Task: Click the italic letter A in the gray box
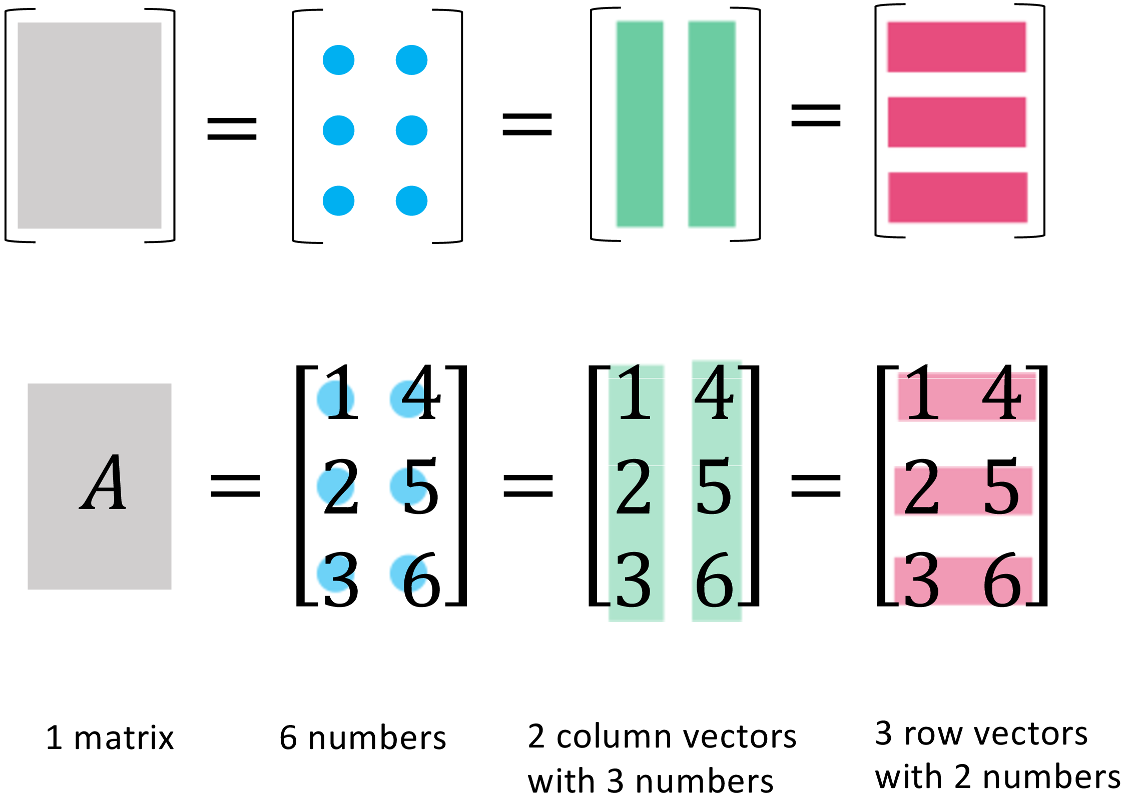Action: click(x=103, y=483)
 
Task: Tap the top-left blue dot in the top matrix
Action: click(x=338, y=60)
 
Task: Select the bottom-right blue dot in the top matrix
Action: click(x=411, y=200)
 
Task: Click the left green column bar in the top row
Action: click(x=640, y=124)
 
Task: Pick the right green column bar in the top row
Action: click(x=712, y=124)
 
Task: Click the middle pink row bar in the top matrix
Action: click(x=957, y=122)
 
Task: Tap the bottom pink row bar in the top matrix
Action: click(x=958, y=197)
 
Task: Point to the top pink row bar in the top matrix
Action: click(x=956, y=47)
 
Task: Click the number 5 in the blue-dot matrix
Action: click(x=421, y=486)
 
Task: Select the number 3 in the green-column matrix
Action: click(x=634, y=580)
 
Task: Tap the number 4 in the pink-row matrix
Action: click(x=1001, y=392)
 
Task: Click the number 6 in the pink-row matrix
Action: click(x=1002, y=580)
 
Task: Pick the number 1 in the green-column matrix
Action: click(x=635, y=392)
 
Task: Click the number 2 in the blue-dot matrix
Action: click(x=341, y=486)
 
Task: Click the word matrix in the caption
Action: click(x=124, y=738)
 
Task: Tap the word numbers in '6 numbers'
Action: click(x=377, y=738)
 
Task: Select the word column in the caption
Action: click(x=614, y=737)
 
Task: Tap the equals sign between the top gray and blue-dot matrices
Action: click(x=232, y=128)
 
